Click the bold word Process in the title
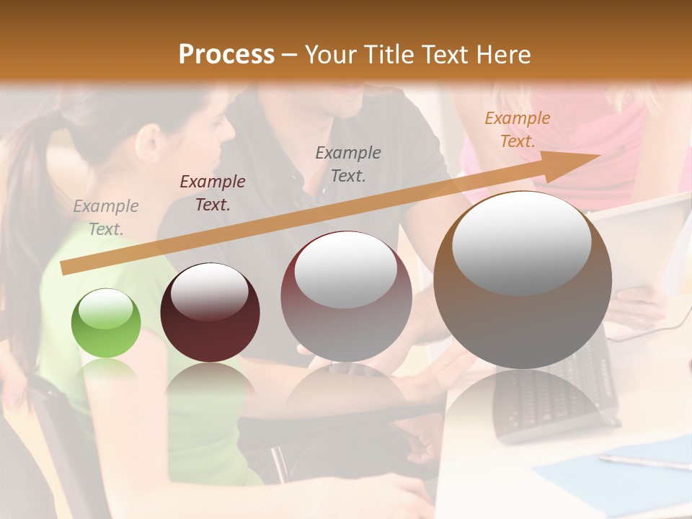226,54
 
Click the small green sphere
106,323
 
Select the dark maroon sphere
210,312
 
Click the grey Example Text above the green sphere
106,217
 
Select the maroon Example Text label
213,192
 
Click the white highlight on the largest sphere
521,242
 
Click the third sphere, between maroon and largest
346,296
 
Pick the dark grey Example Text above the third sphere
348,164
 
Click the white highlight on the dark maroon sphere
209,290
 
